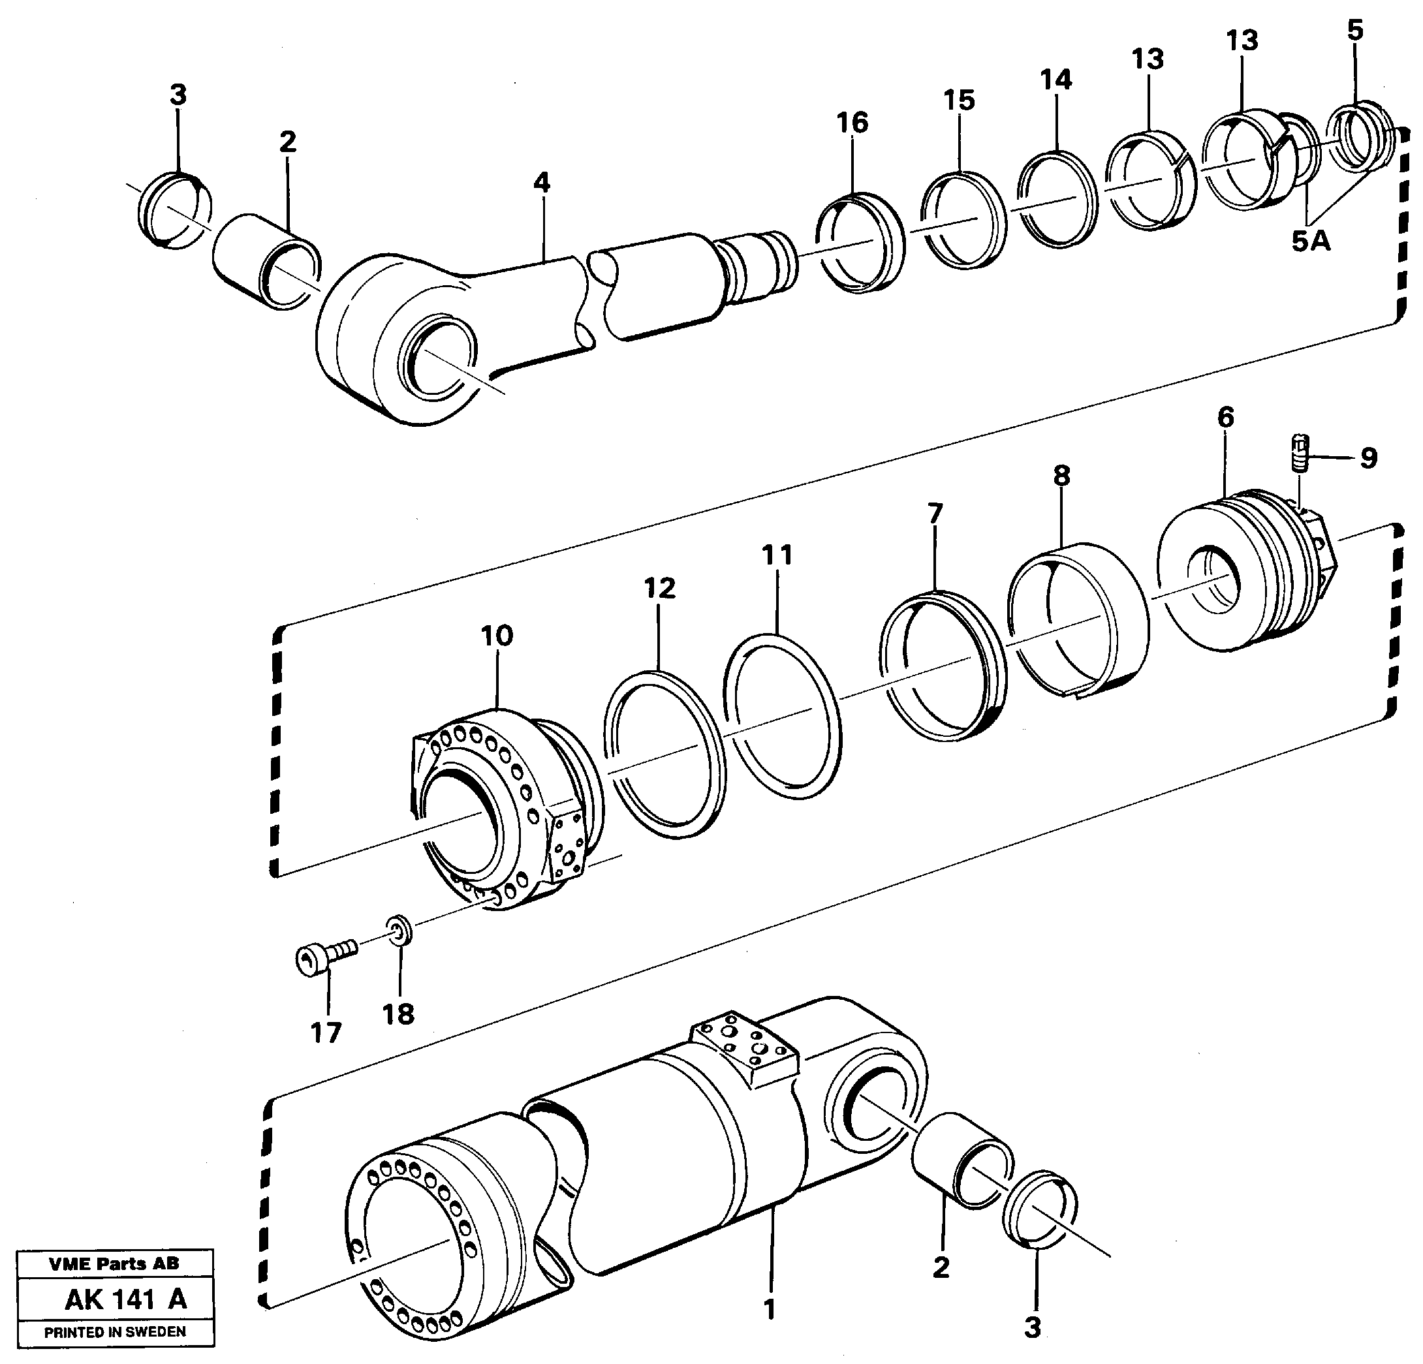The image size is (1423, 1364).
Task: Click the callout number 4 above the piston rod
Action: click(x=542, y=183)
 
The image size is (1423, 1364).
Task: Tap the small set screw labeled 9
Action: click(x=1301, y=454)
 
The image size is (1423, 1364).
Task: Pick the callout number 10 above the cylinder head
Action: click(x=497, y=636)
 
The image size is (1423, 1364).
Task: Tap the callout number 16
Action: click(x=852, y=123)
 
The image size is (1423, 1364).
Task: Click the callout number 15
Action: click(x=958, y=100)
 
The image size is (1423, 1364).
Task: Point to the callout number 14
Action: click(x=1056, y=79)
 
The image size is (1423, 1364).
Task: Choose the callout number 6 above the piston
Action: click(x=1225, y=418)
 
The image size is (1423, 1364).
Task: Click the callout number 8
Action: click(x=1061, y=476)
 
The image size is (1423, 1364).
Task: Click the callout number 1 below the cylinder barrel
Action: click(x=770, y=1310)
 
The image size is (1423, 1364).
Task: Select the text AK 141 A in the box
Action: click(x=125, y=1299)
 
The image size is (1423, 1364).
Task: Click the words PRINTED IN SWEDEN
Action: click(x=115, y=1331)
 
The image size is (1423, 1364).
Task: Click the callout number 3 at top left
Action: click(x=178, y=95)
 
